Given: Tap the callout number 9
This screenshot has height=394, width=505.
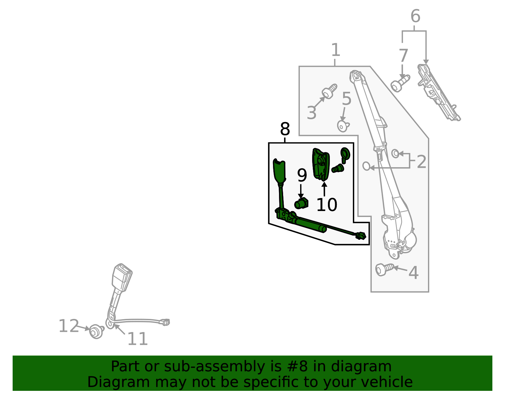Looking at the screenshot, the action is click(302, 175).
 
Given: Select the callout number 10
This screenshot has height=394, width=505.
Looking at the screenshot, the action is click(327, 205).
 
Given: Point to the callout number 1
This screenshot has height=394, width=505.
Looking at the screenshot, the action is click(336, 50).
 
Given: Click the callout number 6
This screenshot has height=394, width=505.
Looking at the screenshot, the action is click(415, 16).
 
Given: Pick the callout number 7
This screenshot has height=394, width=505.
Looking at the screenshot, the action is click(403, 56).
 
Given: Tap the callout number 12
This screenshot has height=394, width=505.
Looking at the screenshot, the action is click(69, 326).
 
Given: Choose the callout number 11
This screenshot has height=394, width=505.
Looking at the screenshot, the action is click(138, 339).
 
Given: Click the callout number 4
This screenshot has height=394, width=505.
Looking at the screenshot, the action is click(413, 273).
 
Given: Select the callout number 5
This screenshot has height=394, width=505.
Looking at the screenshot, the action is click(347, 99).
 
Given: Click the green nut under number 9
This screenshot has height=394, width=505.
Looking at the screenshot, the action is click(301, 204).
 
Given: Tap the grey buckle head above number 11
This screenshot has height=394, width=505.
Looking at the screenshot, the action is click(122, 278).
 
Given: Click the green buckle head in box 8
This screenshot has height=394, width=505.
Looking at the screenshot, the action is click(279, 171).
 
